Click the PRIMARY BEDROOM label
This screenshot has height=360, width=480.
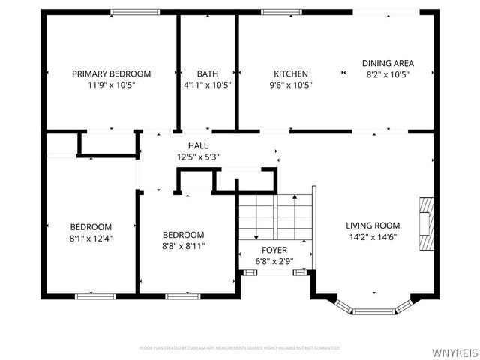point(111,73)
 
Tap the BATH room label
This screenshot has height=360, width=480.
point(208,73)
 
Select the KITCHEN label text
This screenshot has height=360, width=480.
point(290,73)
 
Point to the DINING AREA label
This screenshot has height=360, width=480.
point(388,63)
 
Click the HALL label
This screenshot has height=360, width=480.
point(198,145)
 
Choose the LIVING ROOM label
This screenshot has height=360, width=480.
point(372,225)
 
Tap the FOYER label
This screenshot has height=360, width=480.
point(274,250)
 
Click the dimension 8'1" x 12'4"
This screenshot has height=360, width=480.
point(91,238)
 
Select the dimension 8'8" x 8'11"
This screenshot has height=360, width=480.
point(183,245)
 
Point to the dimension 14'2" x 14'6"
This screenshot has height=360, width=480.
point(372,237)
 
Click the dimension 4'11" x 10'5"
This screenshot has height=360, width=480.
point(208,85)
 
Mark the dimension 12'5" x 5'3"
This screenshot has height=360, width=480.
point(198,157)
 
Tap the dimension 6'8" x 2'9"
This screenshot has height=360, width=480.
point(274,261)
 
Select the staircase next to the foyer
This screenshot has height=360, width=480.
point(274,215)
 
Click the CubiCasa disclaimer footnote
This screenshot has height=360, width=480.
point(239,348)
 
